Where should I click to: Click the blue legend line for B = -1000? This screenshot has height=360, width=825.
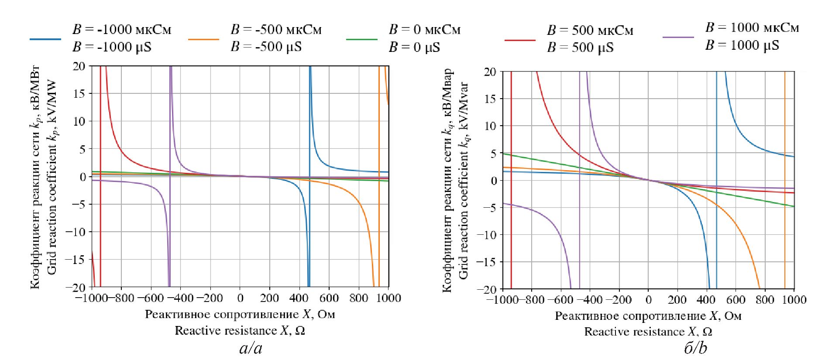(45, 39)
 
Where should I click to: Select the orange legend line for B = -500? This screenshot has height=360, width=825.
(203, 39)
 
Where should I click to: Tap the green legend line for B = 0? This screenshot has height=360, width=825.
(361, 39)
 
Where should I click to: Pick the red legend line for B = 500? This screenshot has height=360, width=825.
(519, 40)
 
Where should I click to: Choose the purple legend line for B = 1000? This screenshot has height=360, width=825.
(678, 38)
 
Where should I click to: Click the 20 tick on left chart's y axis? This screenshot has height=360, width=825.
(79, 66)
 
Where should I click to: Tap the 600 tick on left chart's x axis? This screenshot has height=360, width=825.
(329, 298)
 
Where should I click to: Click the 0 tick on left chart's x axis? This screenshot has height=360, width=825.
(240, 298)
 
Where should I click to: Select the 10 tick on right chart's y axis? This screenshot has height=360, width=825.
(490, 126)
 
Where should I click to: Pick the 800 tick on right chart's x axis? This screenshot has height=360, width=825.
(765, 300)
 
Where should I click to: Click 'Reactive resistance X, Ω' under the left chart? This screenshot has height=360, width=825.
(240, 331)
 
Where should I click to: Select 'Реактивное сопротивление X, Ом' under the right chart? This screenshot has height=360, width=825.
(648, 316)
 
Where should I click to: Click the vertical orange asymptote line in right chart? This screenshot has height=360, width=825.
(785, 131)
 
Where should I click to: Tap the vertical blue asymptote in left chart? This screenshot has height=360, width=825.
(309, 131)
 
